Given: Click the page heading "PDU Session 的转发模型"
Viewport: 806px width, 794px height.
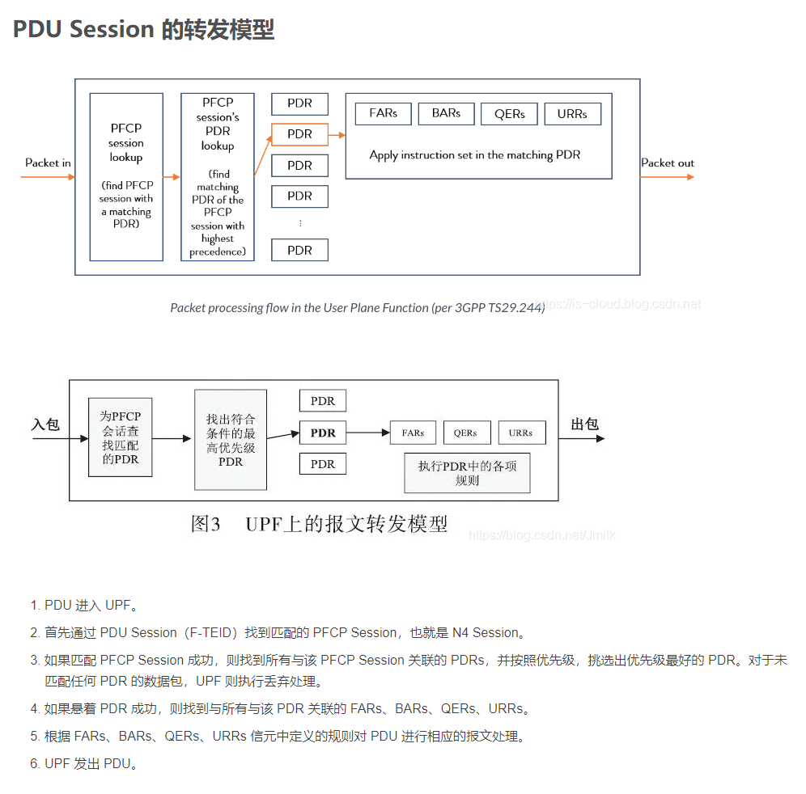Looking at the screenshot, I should (144, 30).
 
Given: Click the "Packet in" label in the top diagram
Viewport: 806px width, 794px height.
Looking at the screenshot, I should (48, 163).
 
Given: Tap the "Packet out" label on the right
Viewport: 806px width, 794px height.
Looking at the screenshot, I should (668, 163).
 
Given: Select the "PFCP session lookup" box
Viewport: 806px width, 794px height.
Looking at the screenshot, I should (126, 177).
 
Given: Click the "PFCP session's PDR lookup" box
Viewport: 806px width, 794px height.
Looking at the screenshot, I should (218, 177).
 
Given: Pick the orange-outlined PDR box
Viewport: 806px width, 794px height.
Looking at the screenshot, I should (299, 134).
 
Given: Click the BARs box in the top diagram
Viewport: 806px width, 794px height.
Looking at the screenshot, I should (446, 113).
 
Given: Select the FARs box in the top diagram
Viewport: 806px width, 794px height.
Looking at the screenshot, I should (383, 113).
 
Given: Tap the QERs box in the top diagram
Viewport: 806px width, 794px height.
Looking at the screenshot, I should (510, 114).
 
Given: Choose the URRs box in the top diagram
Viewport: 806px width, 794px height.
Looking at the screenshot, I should (572, 114).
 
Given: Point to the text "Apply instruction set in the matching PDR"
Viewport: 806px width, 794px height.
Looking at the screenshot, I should (475, 154).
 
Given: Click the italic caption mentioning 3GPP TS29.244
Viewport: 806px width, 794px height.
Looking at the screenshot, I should (357, 307).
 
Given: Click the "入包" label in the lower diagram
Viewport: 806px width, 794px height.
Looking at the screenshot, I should (46, 424).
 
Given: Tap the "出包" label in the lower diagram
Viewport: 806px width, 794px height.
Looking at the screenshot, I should (584, 424).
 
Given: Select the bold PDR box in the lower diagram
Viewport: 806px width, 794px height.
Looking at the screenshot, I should (323, 433).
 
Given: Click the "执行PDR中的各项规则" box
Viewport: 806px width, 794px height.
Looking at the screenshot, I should (467, 473).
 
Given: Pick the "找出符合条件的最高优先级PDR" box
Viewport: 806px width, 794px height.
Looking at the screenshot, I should (231, 440).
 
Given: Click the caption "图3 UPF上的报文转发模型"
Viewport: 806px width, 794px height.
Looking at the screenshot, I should (319, 524).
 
